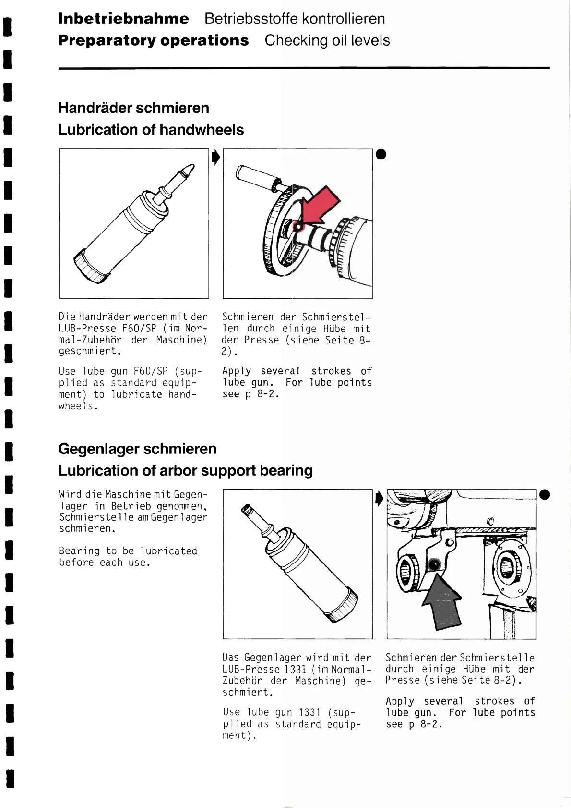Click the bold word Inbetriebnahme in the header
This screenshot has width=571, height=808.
pyautogui.click(x=123, y=19)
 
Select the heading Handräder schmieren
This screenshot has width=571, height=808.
pyautogui.click(x=133, y=108)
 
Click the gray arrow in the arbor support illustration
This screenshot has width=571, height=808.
pyautogui.click(x=442, y=603)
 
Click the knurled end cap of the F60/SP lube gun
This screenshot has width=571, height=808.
pyautogui.click(x=90, y=268)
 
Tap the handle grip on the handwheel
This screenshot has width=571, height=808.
pyautogui.click(x=253, y=176)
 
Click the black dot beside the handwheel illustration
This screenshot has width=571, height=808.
pyautogui.click(x=381, y=154)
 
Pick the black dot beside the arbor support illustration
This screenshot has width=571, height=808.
pyautogui.click(x=545, y=494)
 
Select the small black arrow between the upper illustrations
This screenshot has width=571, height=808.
pyautogui.click(x=216, y=157)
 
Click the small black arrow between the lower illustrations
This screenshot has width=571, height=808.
pyautogui.click(x=379, y=499)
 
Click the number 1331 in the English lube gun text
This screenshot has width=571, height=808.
pyautogui.click(x=309, y=712)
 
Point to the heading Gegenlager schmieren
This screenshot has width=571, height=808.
pyautogui.click(x=137, y=449)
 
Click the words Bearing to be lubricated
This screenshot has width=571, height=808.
pyautogui.click(x=128, y=551)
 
